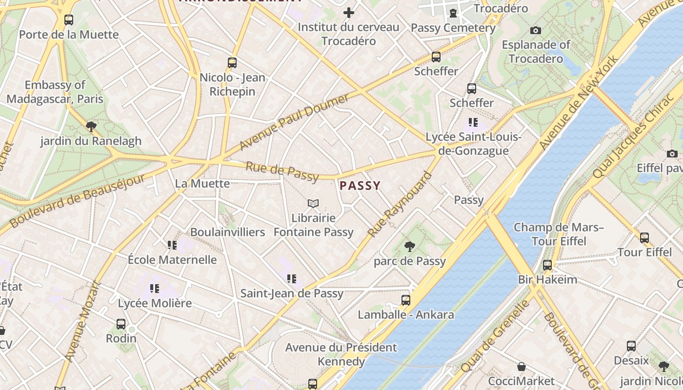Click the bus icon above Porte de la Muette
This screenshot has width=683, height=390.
(x=69, y=20)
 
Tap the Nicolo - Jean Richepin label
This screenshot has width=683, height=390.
(x=232, y=84)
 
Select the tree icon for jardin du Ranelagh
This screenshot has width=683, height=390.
(x=91, y=127)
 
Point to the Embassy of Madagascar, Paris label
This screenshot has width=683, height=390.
(x=55, y=92)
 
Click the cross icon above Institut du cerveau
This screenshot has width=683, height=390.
(x=349, y=13)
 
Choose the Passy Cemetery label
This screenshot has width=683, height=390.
(x=453, y=28)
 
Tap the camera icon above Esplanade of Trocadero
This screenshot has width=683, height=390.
(x=536, y=30)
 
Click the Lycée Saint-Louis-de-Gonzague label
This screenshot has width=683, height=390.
(x=474, y=144)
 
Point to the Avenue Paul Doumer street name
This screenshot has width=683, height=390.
(x=294, y=122)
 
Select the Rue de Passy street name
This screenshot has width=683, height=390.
(x=282, y=171)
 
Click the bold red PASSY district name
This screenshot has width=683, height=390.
(x=360, y=186)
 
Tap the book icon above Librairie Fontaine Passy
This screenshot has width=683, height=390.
(x=313, y=203)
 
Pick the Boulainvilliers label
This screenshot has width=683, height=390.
(x=227, y=232)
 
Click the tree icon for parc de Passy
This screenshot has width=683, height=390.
(x=410, y=247)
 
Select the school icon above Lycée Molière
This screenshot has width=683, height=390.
(x=155, y=289)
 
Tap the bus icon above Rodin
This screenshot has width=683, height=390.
(x=121, y=324)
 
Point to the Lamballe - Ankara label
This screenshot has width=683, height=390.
(x=406, y=314)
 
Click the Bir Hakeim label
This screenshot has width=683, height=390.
(x=547, y=280)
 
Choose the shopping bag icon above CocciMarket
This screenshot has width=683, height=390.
(x=522, y=367)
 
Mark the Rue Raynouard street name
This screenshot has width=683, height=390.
(x=401, y=204)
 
